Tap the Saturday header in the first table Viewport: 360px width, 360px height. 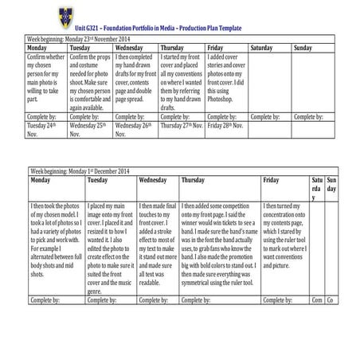coord(261,48)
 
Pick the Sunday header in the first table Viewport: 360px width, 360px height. coord(303,48)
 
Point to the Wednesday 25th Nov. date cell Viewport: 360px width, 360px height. coord(89,130)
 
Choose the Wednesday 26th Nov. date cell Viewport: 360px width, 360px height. coord(134,130)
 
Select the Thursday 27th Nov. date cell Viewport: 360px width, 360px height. coord(180,126)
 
